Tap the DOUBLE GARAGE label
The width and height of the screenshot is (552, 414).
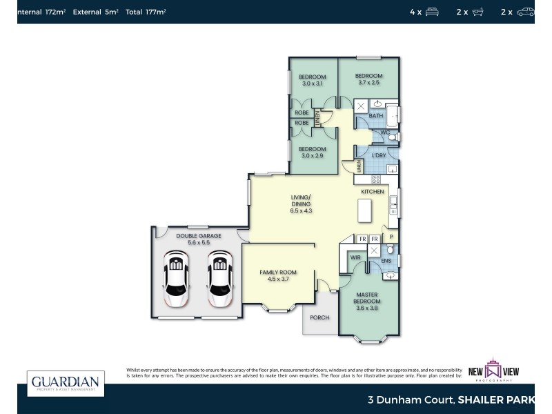click(x=198, y=239)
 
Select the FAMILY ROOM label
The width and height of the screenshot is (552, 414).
click(x=278, y=276)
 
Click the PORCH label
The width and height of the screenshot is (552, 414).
click(x=319, y=317)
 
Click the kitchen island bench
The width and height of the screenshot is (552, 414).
click(x=364, y=210)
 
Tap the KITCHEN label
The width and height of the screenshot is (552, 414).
click(x=373, y=191)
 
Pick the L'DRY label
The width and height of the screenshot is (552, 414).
click(x=379, y=155)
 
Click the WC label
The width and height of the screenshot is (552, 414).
click(x=385, y=132)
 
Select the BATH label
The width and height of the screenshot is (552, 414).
click(x=376, y=116)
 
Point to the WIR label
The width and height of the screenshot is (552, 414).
click(x=356, y=257)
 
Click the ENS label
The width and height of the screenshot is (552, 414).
click(x=386, y=261)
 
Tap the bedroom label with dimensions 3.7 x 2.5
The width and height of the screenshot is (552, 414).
click(x=368, y=79)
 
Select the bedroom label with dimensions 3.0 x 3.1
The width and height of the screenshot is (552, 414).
click(x=312, y=80)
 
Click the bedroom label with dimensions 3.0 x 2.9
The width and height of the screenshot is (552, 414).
click(x=312, y=152)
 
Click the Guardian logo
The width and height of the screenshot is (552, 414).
click(x=66, y=384)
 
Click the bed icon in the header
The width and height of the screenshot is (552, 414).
click(x=433, y=12)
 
